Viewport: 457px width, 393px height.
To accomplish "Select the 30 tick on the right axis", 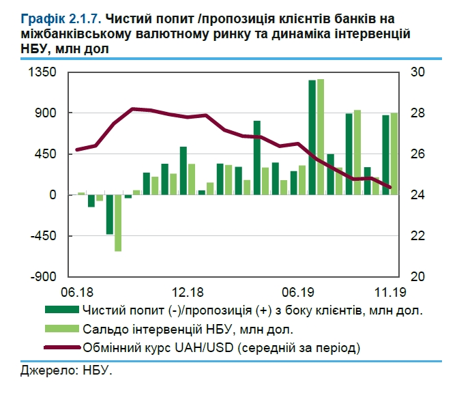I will click(417, 73).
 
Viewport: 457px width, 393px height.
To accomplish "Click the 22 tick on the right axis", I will click(417, 236).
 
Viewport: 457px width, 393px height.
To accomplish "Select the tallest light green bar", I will click(320, 137).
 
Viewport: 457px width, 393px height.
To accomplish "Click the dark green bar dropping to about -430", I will click(109, 215).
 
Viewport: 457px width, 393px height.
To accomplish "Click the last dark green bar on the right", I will click(385, 155).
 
